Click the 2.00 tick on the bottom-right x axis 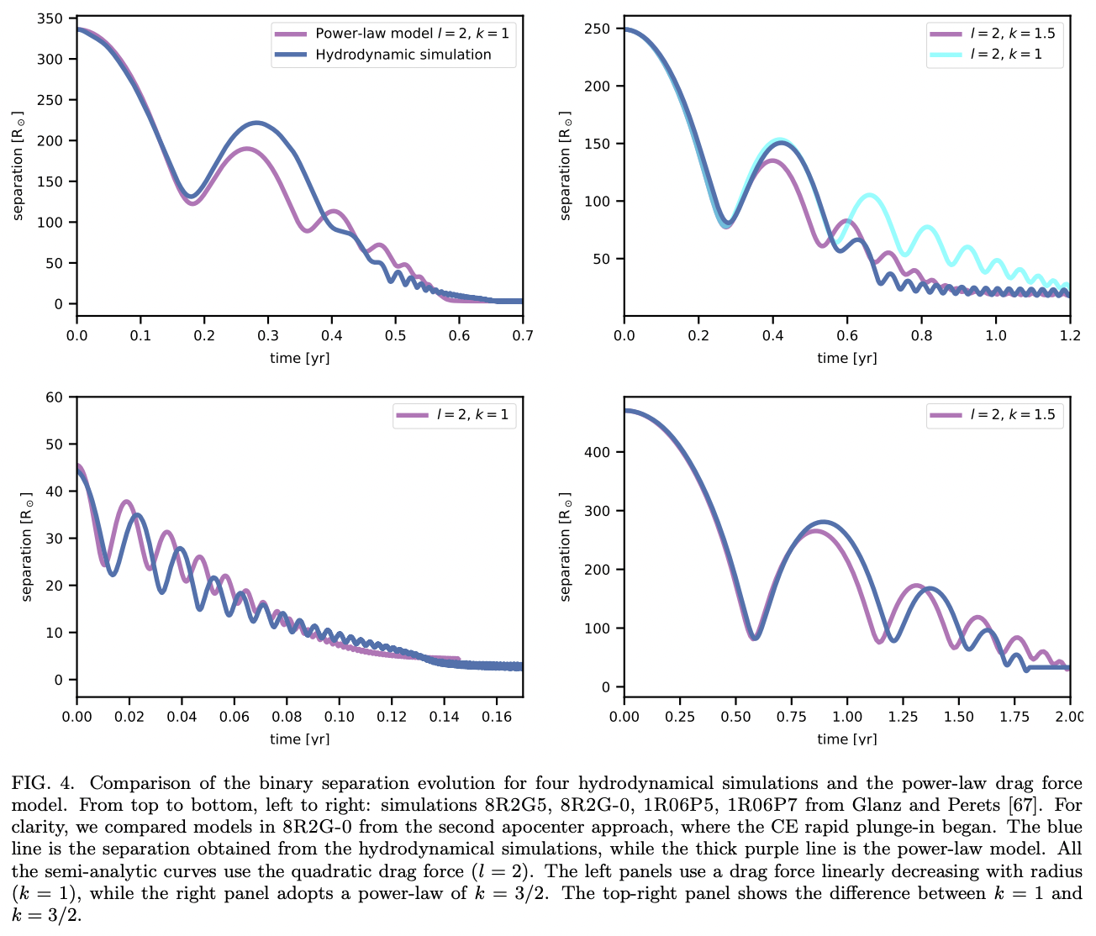click(1069, 716)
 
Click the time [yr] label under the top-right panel click(846, 358)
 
